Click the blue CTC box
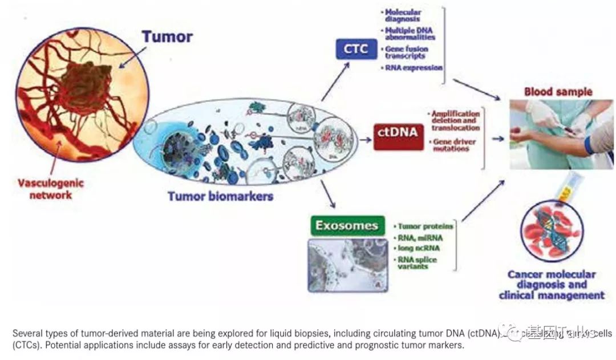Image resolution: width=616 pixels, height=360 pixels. [x=356, y=50]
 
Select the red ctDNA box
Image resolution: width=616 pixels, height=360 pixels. [x=398, y=134]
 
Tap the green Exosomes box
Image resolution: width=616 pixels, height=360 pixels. [x=346, y=225]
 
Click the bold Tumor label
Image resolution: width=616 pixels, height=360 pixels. [x=167, y=37]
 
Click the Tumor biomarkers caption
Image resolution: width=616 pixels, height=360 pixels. [x=220, y=196]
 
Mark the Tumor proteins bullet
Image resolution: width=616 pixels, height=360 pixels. [x=425, y=226]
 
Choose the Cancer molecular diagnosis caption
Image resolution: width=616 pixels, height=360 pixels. [x=551, y=285]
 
